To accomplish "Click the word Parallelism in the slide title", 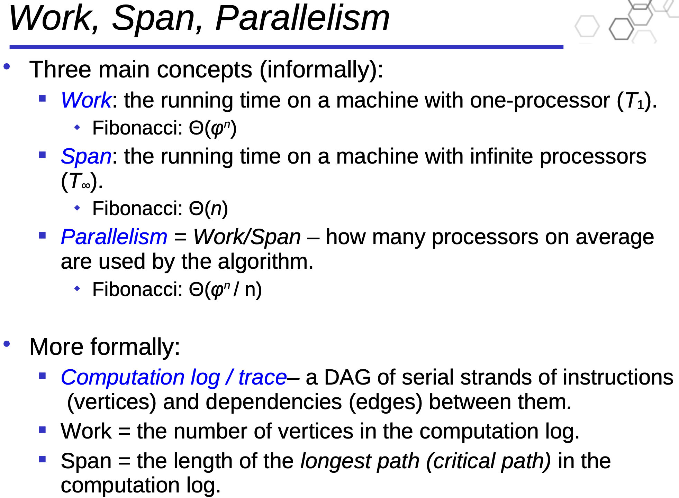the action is coord(302,18).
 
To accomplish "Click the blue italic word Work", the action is coord(86,100).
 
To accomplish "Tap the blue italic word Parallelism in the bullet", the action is coord(114,237).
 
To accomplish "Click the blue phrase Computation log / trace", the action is coord(174,377).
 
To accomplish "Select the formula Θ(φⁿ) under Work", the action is coord(213,128).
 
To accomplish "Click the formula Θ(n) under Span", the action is coord(208,209).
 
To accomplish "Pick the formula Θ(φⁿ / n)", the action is coord(225,289).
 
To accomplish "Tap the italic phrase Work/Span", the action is coord(247,237).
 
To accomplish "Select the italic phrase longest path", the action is coord(360,461).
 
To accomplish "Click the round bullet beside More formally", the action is coord(7,344).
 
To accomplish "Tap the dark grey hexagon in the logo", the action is coord(621,29).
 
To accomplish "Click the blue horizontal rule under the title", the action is coord(287,47).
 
